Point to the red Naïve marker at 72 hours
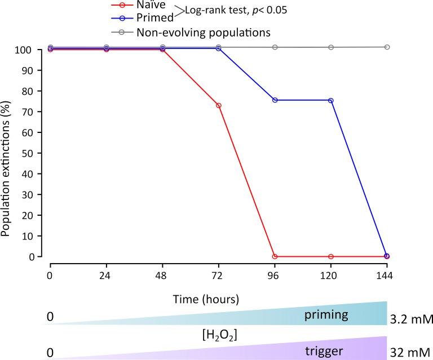(218, 105)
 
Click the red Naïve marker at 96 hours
(275, 256)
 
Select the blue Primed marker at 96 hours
(275, 100)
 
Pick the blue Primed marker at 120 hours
(330, 100)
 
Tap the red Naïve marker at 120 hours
(330, 256)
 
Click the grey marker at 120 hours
(330, 47)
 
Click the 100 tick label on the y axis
(33, 50)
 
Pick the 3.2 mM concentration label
(410, 320)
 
